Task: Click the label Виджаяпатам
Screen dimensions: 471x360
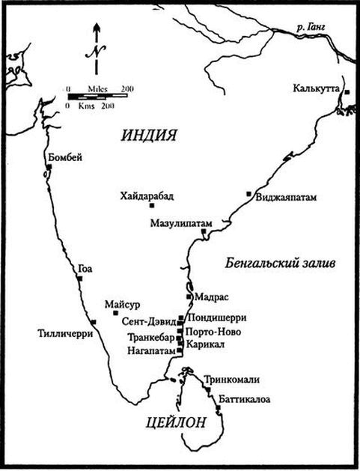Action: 287,198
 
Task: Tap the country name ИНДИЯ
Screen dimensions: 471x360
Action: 148,136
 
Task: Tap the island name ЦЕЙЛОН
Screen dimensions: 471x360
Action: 176,423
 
